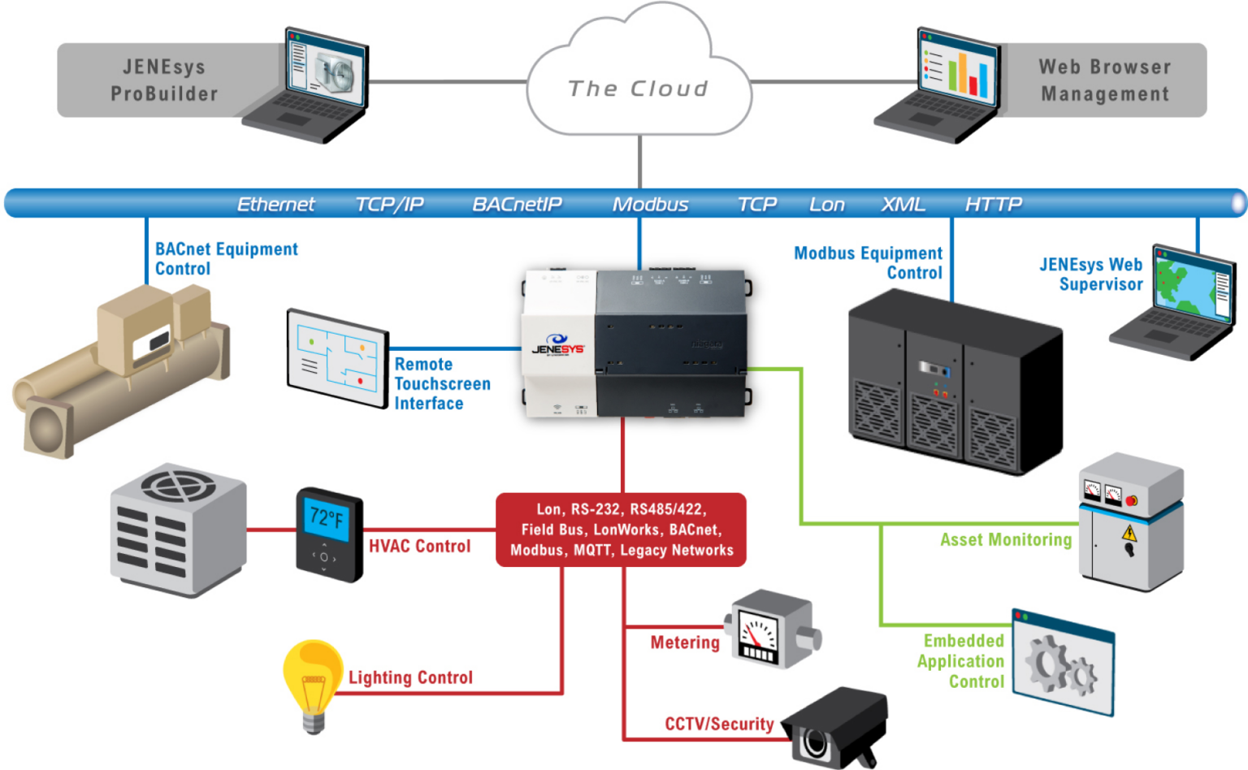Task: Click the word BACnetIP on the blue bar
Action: pyautogui.click(x=517, y=204)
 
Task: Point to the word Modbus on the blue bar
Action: pyautogui.click(x=650, y=204)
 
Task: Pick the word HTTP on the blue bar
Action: pyautogui.click(x=993, y=204)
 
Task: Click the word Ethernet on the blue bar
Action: pyautogui.click(x=275, y=204)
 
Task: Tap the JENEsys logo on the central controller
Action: pyautogui.click(x=558, y=344)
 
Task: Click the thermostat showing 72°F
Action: pyautogui.click(x=328, y=534)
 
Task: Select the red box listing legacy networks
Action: pyautogui.click(x=621, y=530)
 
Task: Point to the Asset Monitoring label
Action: pyautogui.click(x=1005, y=539)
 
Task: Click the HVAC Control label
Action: pyautogui.click(x=419, y=546)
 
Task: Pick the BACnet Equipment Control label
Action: pyautogui.click(x=226, y=258)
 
